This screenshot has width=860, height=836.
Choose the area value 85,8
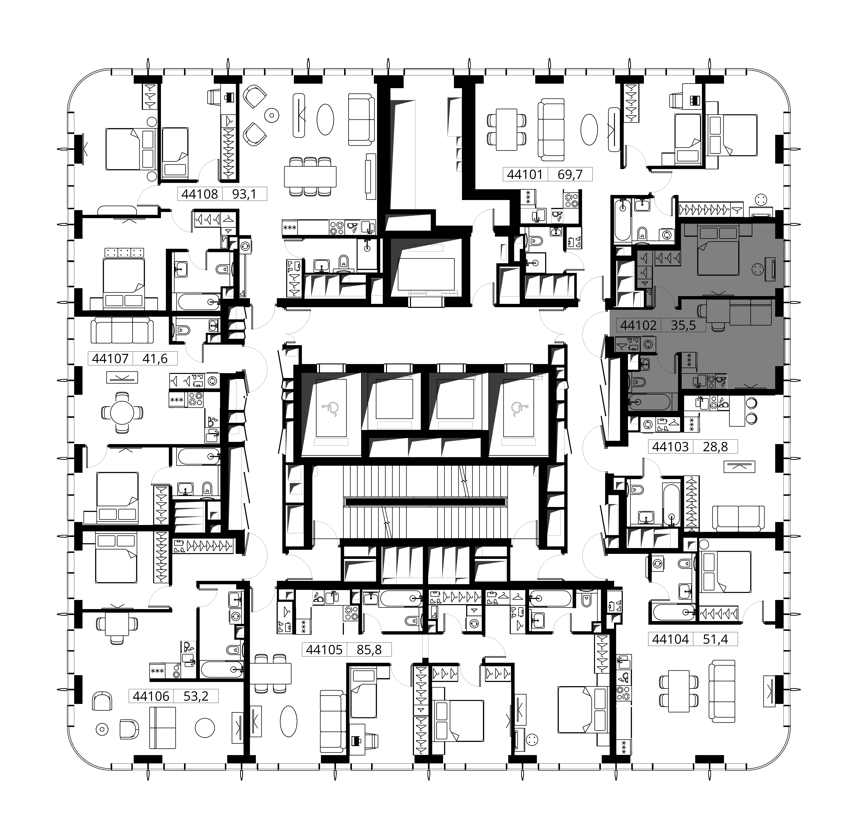click(x=369, y=649)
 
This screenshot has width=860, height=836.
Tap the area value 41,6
click(x=155, y=359)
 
